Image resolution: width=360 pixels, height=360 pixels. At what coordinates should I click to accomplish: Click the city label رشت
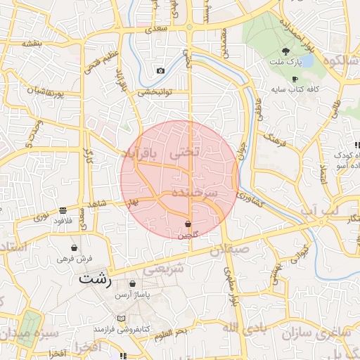(x=96, y=278)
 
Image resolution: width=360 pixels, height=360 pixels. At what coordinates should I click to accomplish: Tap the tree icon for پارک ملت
(x=285, y=51)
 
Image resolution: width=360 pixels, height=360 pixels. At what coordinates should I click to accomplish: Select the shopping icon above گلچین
(x=188, y=223)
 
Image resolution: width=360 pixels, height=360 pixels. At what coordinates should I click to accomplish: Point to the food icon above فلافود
(x=63, y=210)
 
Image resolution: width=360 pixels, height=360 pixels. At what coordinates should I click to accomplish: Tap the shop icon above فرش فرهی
(x=74, y=247)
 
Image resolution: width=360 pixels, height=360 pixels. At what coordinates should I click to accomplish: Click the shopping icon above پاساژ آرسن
(x=132, y=284)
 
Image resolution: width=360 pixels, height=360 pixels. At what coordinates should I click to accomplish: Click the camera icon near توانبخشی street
(x=161, y=70)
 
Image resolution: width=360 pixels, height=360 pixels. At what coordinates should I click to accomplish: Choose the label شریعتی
(x=164, y=268)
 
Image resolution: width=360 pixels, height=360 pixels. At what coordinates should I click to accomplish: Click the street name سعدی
(x=157, y=30)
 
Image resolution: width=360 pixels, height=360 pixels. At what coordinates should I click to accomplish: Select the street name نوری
(x=43, y=217)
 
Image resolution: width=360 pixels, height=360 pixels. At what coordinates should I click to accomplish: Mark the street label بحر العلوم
(x=172, y=331)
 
